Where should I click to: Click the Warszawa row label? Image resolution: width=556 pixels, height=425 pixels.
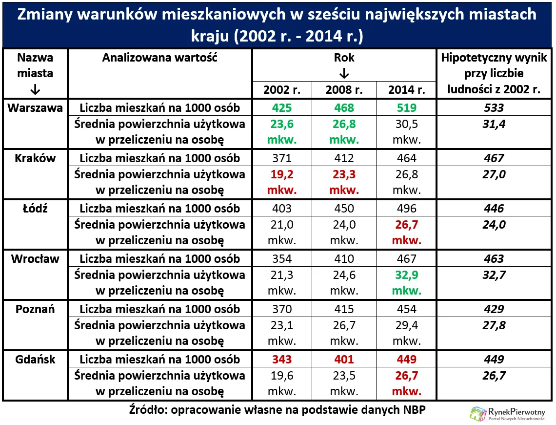35,108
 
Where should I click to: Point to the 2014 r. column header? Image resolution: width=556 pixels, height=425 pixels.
406,90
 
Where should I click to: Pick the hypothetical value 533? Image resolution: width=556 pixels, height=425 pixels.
494,108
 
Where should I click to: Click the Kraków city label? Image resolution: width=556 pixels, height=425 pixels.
35,158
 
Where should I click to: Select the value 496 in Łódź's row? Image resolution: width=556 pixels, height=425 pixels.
406,209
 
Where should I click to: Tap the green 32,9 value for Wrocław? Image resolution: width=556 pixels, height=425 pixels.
406,275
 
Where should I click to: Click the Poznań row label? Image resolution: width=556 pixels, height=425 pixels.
35,309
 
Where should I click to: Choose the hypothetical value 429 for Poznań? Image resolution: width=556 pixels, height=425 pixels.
494,309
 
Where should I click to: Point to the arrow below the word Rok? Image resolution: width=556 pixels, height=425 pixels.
344,73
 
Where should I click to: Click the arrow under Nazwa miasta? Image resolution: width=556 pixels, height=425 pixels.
35,90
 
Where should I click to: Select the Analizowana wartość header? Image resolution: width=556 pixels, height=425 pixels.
159,58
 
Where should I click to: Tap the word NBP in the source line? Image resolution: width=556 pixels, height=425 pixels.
414,409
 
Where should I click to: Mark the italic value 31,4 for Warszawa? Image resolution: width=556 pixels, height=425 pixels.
494,124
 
